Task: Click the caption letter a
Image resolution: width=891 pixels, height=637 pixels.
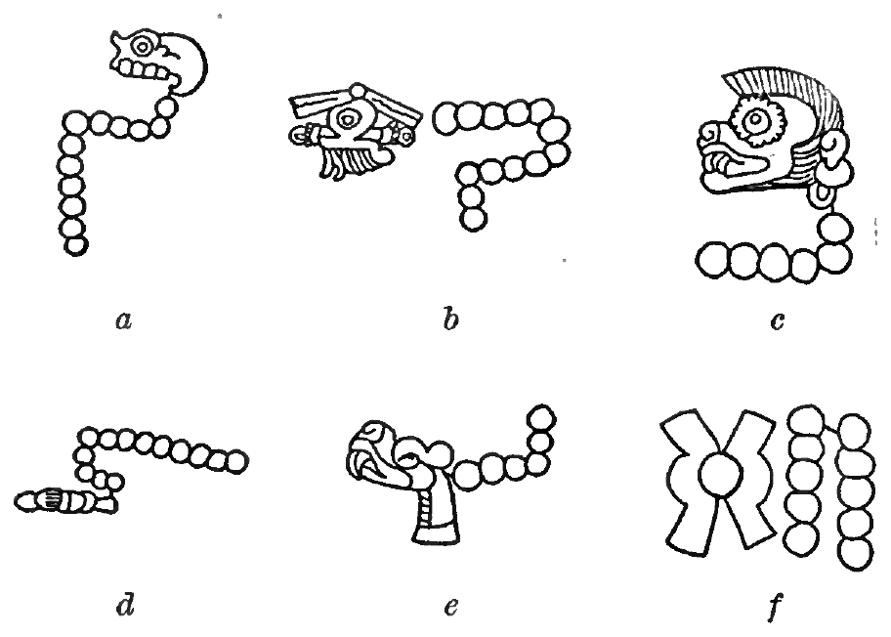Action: [124, 320]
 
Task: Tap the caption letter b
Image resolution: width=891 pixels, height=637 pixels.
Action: [450, 319]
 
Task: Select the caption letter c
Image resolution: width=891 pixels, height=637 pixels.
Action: [778, 321]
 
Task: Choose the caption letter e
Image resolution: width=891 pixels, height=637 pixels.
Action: [450, 608]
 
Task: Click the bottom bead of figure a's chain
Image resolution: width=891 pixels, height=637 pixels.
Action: [75, 245]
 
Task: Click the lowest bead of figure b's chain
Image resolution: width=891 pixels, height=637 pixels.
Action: [473, 218]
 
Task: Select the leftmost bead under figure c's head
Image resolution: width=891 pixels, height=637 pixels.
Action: [712, 260]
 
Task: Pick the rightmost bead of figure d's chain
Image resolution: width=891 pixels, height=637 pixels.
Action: [235, 461]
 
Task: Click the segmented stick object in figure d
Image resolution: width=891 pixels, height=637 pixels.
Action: [64, 501]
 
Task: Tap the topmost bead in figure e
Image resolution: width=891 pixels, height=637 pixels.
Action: [540, 419]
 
